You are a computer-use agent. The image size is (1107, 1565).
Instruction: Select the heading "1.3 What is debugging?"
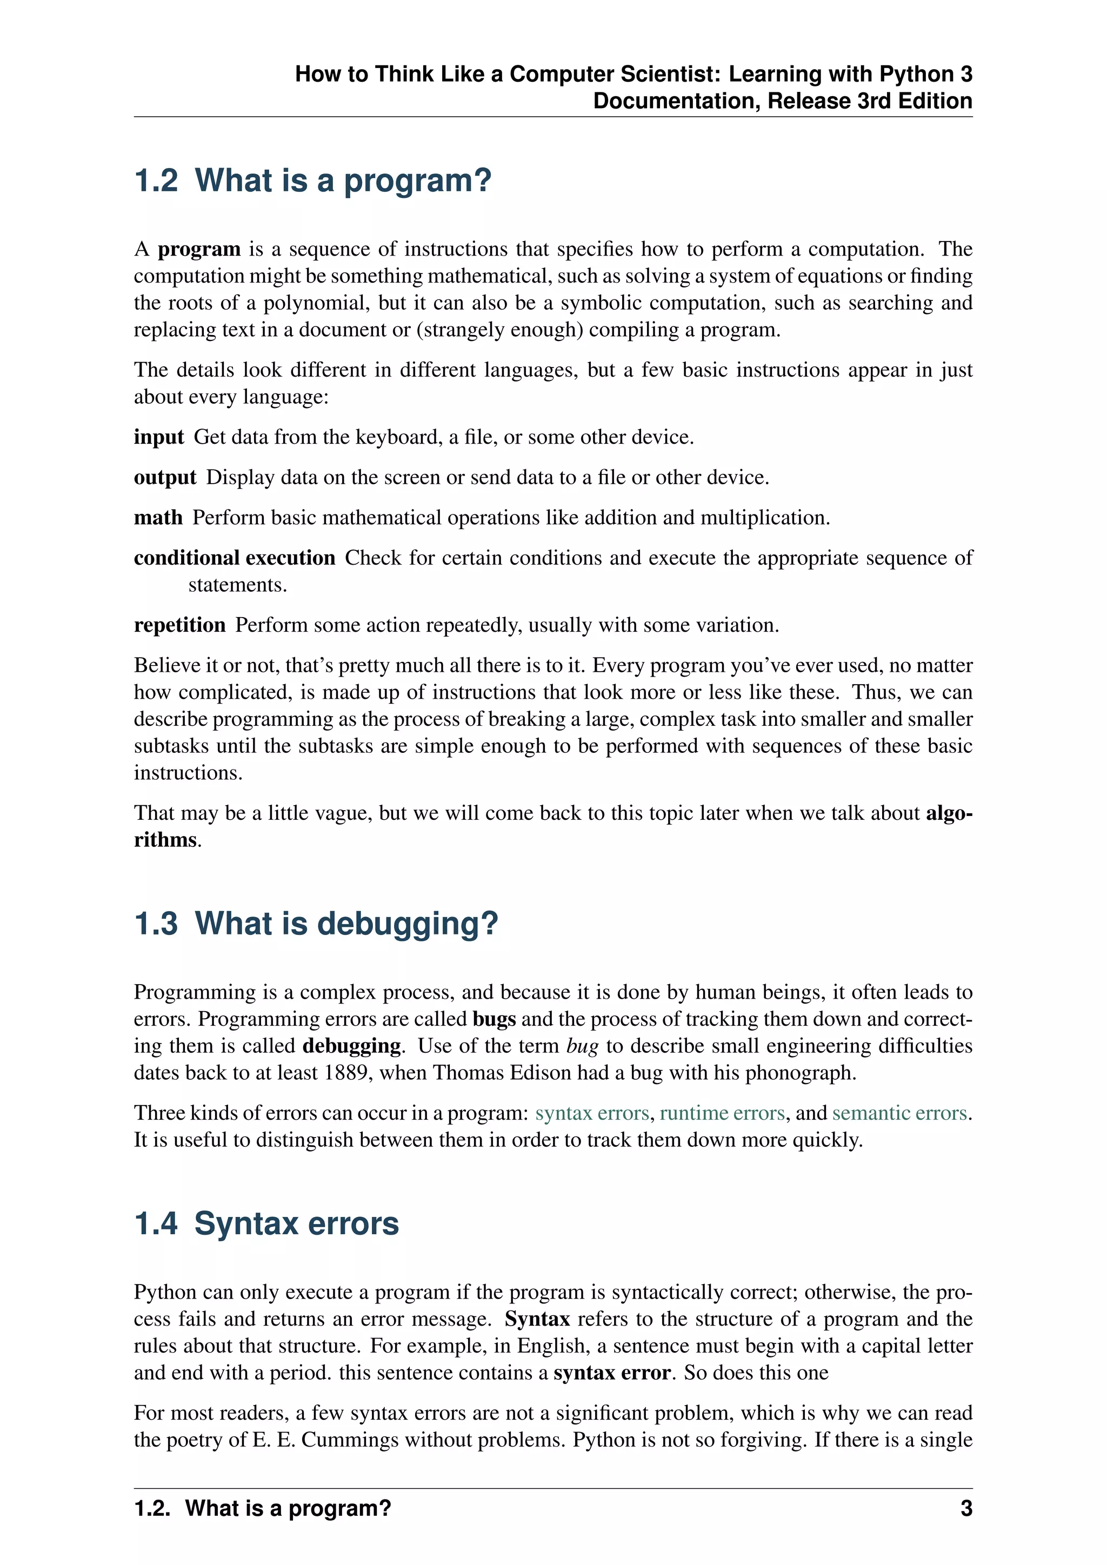[x=316, y=924]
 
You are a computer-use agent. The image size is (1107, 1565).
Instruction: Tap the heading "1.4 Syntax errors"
[x=266, y=1223]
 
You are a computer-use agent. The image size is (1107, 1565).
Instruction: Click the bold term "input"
[x=158, y=437]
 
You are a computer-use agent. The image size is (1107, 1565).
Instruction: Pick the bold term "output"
[x=164, y=477]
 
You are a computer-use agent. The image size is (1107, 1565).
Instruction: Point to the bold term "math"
[x=158, y=517]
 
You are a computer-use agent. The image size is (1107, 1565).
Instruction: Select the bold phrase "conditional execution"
[x=234, y=558]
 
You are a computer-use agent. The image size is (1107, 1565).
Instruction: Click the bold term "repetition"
[x=179, y=625]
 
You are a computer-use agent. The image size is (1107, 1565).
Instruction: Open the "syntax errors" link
[x=592, y=1113]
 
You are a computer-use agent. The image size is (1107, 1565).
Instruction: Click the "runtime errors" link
[x=722, y=1113]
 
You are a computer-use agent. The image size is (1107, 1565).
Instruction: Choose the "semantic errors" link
[x=899, y=1113]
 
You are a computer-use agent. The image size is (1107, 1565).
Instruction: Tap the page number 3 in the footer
[x=966, y=1508]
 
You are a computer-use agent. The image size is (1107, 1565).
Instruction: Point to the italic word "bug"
[x=582, y=1046]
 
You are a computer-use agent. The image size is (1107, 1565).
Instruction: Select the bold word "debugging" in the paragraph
[x=351, y=1046]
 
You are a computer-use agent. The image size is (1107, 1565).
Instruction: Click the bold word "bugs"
[x=494, y=1019]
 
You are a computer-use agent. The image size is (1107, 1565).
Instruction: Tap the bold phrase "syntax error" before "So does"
[x=612, y=1372]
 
